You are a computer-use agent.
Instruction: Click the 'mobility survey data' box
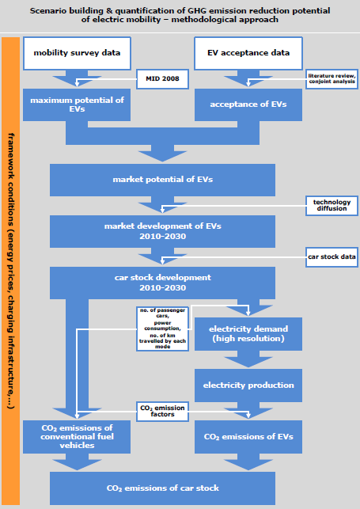(77, 53)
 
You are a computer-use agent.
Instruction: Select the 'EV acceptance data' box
(248, 53)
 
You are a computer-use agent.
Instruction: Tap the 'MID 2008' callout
(162, 79)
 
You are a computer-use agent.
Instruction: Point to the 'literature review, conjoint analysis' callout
(332, 79)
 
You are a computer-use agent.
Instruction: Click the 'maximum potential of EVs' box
(77, 104)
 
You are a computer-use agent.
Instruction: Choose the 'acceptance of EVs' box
(248, 104)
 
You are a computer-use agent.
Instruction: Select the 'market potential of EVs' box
(162, 180)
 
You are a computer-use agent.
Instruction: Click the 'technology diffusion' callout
(332, 206)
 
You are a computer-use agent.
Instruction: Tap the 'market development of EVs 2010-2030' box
(162, 231)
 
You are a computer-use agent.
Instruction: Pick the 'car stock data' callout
(332, 257)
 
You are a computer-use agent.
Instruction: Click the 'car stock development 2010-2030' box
(162, 283)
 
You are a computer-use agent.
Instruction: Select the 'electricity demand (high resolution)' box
(248, 334)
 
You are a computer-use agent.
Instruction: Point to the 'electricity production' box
(248, 386)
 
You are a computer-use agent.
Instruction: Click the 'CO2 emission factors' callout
(162, 412)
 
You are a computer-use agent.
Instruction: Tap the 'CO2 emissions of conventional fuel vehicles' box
(77, 437)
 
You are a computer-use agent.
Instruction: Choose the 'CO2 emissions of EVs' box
(248, 437)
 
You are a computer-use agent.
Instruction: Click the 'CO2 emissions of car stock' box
(162, 488)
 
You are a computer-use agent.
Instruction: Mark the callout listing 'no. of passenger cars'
(162, 329)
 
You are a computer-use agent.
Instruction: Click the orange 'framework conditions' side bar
(11, 271)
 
